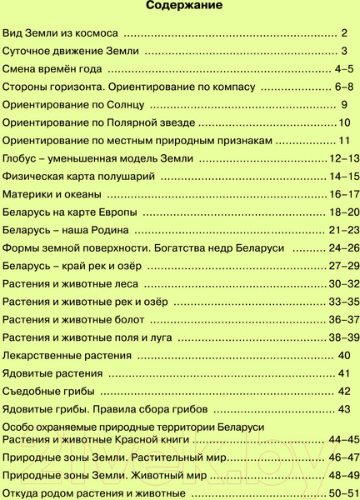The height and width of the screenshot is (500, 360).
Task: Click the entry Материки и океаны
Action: coord(53,193)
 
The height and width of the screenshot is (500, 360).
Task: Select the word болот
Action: coord(135,319)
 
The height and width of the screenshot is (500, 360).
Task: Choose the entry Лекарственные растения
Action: coord(67,355)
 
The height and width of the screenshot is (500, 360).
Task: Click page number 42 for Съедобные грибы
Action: coord(344,391)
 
